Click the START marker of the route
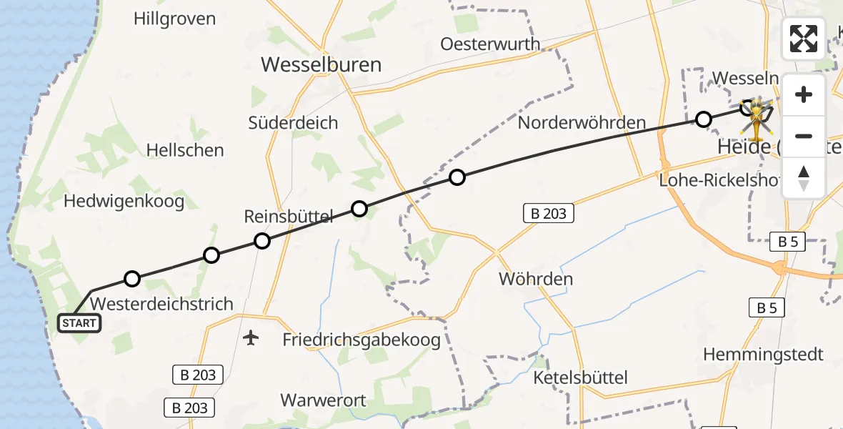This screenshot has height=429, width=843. coord(79,323)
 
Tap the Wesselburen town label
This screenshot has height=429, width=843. coord(321,65)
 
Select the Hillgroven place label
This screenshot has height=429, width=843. coord(174,19)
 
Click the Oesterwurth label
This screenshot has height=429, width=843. coord(490,44)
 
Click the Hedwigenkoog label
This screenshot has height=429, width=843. coord(124,201)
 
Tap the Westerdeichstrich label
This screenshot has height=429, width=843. coord(162,304)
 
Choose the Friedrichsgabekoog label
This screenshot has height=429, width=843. coord(361,340)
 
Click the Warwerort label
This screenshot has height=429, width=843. coord(324,400)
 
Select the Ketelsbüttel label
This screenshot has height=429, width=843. coord(580,378)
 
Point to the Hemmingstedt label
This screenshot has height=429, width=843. coord(763,354)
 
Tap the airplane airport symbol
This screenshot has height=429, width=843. coord(251,337)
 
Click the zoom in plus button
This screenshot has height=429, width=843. coord(804,94)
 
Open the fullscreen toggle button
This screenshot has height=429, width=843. coord(804,38)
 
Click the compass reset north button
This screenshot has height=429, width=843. coord(804,178)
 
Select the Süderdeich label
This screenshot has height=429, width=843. coord(293,122)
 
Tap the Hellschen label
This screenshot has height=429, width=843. coord(184,150)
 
